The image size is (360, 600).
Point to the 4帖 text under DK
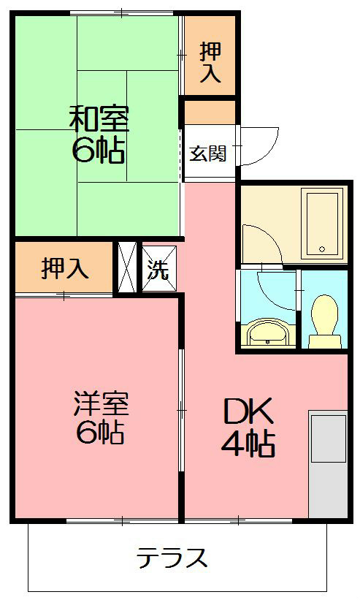(248, 444)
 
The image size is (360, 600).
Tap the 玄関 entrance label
(208, 154)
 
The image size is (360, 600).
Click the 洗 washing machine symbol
(158, 270)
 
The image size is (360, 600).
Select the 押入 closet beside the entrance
(210, 61)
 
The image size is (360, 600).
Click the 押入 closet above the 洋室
(65, 268)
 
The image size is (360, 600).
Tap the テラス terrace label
(172, 559)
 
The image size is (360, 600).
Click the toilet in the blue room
(323, 322)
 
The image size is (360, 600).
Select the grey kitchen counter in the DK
(327, 465)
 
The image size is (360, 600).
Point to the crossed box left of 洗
(127, 267)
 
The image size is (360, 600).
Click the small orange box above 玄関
(210, 112)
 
